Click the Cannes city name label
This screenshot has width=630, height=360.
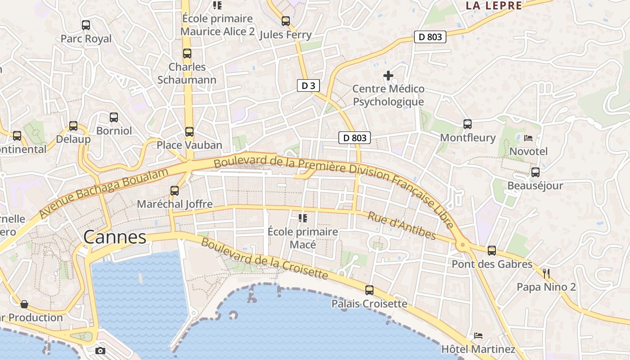pos(115,237)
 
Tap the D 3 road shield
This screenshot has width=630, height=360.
pos(308,85)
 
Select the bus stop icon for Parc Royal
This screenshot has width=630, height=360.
pos(85,25)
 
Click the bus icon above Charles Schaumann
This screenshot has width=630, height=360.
pos(187,54)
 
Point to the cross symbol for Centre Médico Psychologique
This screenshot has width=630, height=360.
pos(388,75)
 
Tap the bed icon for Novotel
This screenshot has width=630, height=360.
pos(528,138)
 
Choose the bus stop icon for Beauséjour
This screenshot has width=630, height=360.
pos(535,172)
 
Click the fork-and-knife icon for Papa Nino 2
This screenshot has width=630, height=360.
pos(546,273)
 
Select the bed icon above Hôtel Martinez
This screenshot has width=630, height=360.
pos(478,336)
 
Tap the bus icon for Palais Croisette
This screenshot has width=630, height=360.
pos(369,290)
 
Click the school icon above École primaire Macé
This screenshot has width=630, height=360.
pos(303,218)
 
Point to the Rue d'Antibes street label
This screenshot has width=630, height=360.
pos(402,225)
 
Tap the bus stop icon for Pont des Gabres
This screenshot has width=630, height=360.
pos(492,251)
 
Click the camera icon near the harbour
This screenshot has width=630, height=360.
pos(100,351)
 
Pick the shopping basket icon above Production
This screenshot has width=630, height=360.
pos(24,304)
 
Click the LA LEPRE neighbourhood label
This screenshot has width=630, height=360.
pos(494,6)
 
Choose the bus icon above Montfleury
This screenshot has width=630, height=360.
pos(468,124)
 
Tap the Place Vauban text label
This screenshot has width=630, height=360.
pos(189,145)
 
